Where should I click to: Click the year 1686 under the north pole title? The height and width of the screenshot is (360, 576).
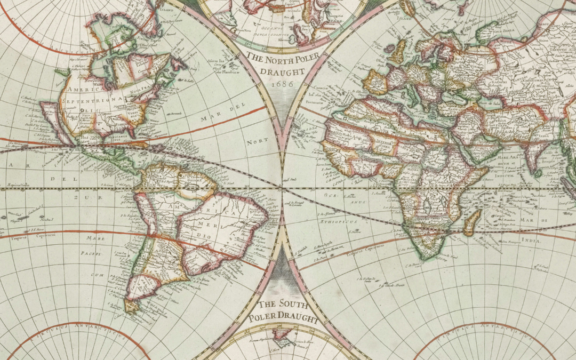[282, 84]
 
